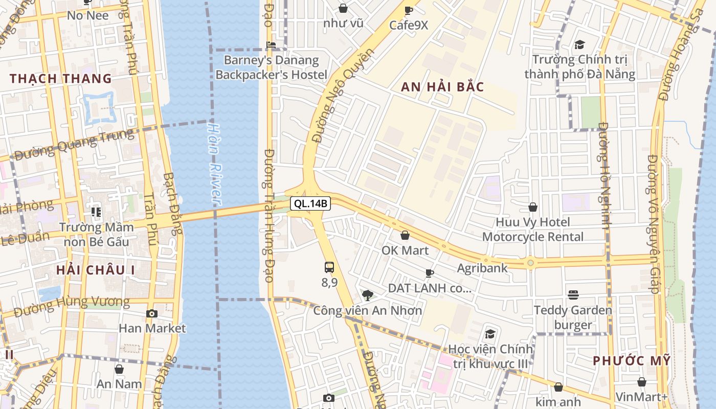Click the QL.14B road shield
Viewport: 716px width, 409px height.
pyautogui.click(x=311, y=203)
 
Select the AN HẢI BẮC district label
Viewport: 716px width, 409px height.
pyautogui.click(x=442, y=87)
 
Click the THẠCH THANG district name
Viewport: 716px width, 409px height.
pyautogui.click(x=61, y=79)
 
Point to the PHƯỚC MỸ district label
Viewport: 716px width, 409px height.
pyautogui.click(x=632, y=360)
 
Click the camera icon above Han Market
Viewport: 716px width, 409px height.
pyautogui.click(x=152, y=313)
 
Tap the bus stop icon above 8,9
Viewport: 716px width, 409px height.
pyautogui.click(x=329, y=267)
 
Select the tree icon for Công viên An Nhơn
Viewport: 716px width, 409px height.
pyautogui.click(x=367, y=295)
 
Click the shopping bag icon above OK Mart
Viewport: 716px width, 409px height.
pyautogui.click(x=405, y=235)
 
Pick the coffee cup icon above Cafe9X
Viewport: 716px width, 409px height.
pyautogui.click(x=408, y=10)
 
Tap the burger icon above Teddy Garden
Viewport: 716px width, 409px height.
pyautogui.click(x=573, y=295)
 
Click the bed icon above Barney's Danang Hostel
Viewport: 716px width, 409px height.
pyautogui.click(x=271, y=46)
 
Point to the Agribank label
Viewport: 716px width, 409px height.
pyautogui.click(x=482, y=268)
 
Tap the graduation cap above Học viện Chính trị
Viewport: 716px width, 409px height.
pyautogui.click(x=490, y=334)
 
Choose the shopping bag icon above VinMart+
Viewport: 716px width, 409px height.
pyautogui.click(x=641, y=382)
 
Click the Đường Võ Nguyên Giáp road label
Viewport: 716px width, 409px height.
pyautogui.click(x=653, y=225)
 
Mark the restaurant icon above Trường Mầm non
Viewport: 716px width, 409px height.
pyautogui.click(x=96, y=212)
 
